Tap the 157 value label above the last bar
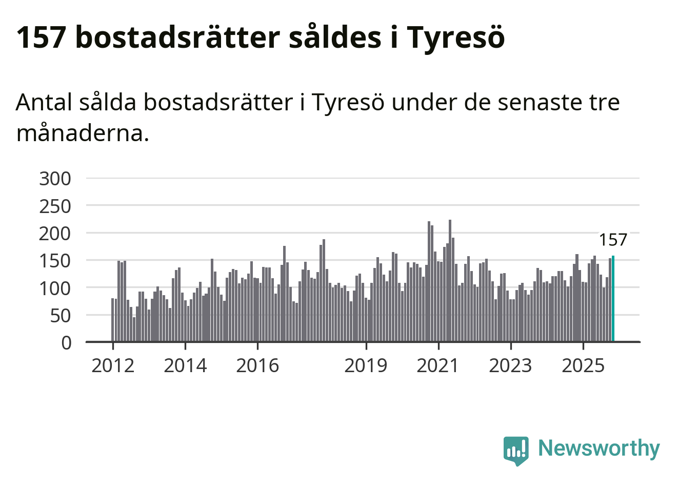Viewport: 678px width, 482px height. tap(613, 240)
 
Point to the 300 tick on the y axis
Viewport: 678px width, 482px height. tap(55, 179)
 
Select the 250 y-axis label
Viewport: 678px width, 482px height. tap(55, 206)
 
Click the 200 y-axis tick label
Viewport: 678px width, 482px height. tap(55, 234)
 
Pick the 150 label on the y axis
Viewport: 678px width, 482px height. tap(55, 261)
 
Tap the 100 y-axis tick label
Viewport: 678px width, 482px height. tap(55, 288)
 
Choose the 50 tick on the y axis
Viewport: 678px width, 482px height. tap(61, 316)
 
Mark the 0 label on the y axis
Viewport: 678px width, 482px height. tap(67, 342)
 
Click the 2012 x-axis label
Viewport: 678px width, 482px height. tap(113, 366)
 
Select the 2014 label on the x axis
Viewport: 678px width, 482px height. tap(185, 366)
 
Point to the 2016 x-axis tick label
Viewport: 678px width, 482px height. tap(257, 366)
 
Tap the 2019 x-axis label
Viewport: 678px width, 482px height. tap(366, 366)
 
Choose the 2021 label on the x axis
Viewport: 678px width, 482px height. tap(438, 366)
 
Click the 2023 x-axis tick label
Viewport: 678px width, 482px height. tap(510, 366)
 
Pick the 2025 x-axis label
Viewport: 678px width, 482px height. tap(583, 366)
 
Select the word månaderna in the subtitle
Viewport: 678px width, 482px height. tap(83, 133)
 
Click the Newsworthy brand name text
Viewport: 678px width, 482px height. tap(599, 449)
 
